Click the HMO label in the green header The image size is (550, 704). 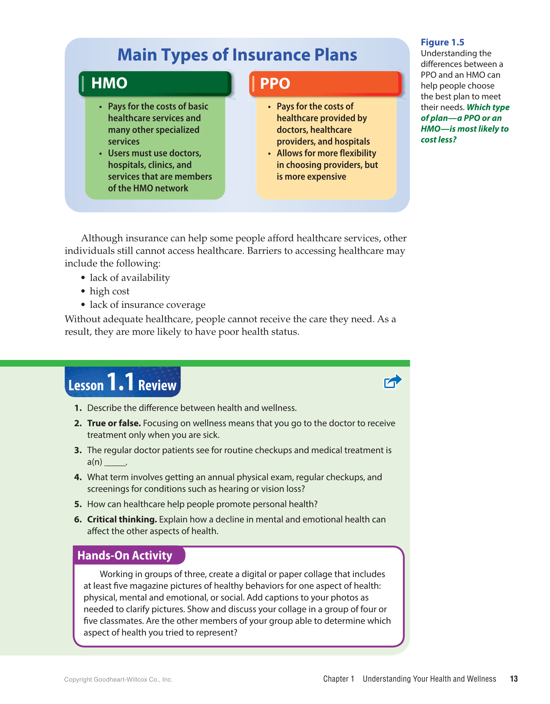109,83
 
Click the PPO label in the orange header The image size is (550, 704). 275,84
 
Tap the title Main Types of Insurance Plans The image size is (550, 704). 237,55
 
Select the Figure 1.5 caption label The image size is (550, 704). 442,42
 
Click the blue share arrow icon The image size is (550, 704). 392,381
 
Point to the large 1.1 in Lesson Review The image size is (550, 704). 120,382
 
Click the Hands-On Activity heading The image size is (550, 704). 125,555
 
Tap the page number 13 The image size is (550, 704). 513,679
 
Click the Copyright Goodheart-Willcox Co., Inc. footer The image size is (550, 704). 118,679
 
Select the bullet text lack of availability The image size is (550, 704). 129,278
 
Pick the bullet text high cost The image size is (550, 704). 109,291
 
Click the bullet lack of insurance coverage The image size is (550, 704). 147,305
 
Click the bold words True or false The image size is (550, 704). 114,423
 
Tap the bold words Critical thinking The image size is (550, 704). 122,520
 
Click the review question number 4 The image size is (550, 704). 78,477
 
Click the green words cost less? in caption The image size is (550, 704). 438,140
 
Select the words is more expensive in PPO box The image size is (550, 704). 311,177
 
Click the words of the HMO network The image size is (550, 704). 148,188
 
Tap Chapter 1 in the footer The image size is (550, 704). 338,679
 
